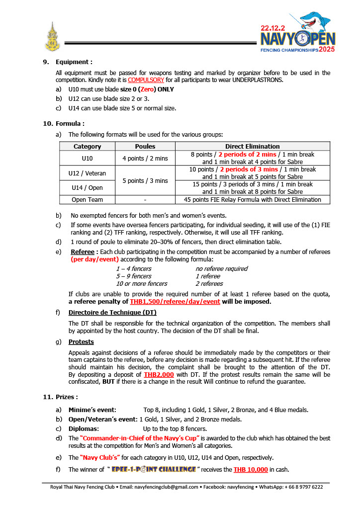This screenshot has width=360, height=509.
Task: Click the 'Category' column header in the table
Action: click(88, 146)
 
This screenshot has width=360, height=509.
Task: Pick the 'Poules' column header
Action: click(145, 146)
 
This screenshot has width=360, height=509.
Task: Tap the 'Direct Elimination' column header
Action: click(252, 146)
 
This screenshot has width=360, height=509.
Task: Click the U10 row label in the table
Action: click(88, 158)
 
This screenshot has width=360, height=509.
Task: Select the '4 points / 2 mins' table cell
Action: click(145, 158)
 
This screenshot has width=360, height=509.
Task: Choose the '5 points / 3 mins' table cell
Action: click(145, 180)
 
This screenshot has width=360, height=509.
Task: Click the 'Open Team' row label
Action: click(88, 199)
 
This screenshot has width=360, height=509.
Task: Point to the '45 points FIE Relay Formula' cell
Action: click(252, 199)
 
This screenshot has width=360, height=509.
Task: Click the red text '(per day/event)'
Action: click(94, 259)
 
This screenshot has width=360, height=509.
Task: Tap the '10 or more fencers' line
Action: click(142, 283)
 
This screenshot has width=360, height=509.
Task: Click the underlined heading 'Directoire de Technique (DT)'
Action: click(112, 312)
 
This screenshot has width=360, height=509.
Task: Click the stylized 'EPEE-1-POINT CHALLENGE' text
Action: click(154, 469)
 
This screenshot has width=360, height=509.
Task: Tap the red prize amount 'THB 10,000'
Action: click(251, 469)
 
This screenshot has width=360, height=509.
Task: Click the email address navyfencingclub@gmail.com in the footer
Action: click(170, 487)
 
